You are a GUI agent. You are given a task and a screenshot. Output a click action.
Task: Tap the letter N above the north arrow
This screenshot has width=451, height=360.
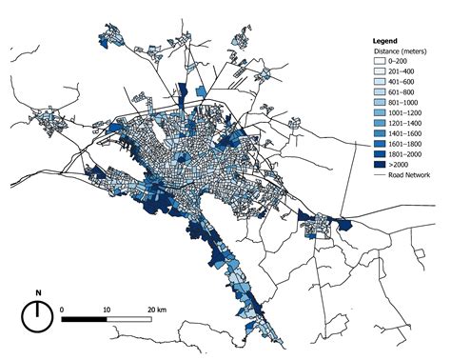[x=36, y=293]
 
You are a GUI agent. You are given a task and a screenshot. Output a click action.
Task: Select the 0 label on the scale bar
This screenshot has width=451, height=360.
[x=62, y=310]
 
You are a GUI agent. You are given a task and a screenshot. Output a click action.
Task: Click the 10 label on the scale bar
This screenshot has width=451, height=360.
[x=106, y=310]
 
